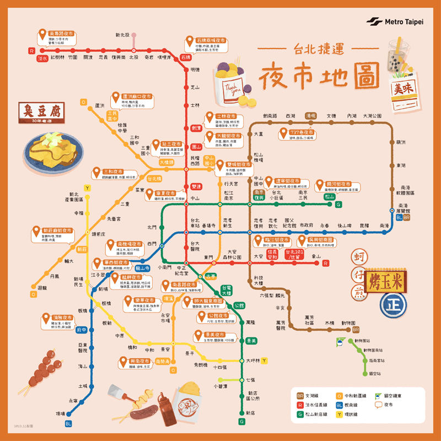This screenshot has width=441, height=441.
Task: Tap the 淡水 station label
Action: (42, 57)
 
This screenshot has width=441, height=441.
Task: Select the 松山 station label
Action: (329, 197)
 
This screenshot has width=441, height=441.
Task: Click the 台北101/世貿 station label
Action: (295, 254)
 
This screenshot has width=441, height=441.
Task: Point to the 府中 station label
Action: (82, 330)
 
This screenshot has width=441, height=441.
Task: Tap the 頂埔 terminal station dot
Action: (69, 413)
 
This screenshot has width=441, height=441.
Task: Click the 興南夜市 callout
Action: (134, 363)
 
